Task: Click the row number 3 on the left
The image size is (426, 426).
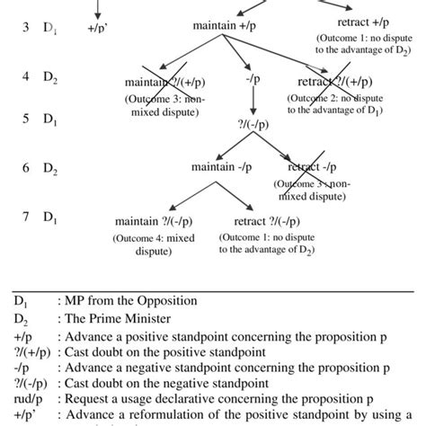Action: click(x=26, y=27)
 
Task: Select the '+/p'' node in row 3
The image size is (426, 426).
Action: click(x=96, y=28)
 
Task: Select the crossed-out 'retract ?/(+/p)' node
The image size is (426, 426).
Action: click(x=338, y=84)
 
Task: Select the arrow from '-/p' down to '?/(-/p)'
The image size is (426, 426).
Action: click(x=251, y=102)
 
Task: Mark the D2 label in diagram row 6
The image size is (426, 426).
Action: click(x=49, y=168)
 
